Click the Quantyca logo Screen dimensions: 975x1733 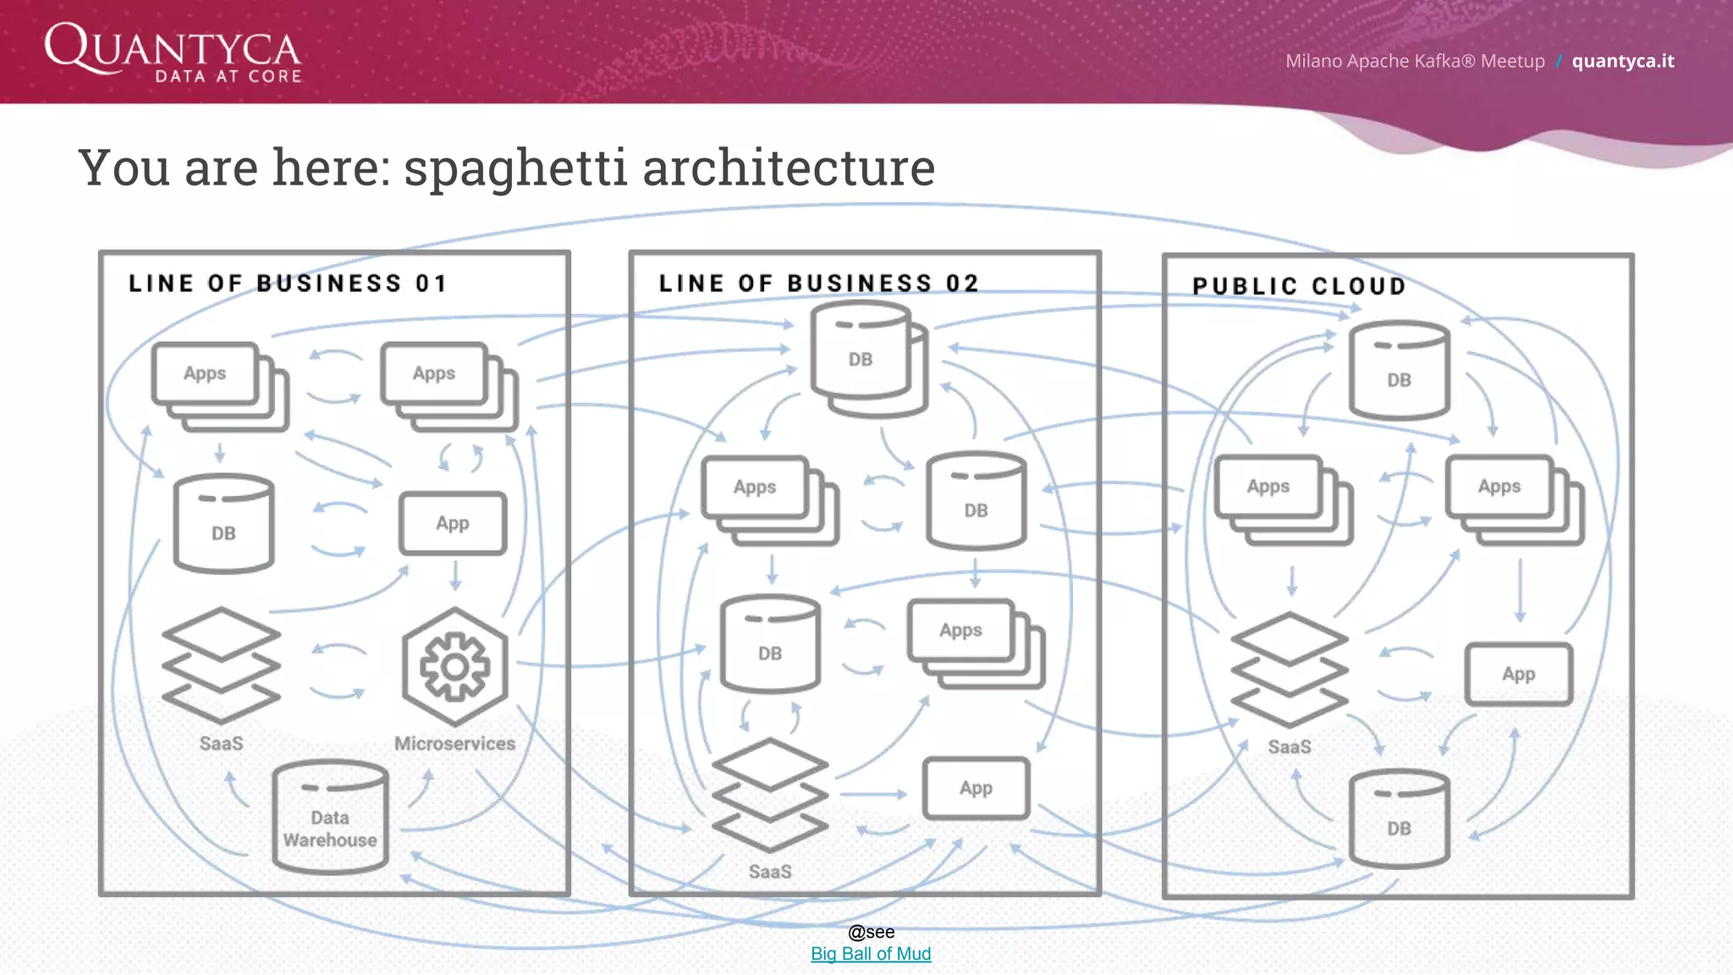click(173, 52)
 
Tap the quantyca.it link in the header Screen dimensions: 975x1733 click(1622, 61)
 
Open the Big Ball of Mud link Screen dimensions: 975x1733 click(870, 954)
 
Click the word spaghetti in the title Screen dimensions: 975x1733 click(515, 168)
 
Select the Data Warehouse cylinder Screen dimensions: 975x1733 click(330, 818)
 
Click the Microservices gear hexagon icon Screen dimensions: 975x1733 click(455, 667)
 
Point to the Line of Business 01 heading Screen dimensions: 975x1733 click(288, 284)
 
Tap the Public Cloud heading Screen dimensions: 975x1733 click(1299, 286)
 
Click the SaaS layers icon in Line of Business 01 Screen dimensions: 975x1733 click(221, 665)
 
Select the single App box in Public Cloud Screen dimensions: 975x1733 click(1518, 675)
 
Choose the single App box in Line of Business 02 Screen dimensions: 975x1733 click(976, 788)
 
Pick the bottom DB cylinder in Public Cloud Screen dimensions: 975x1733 click(1399, 818)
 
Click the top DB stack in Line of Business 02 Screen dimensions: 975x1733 click(868, 360)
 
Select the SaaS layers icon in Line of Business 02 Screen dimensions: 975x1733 click(769, 795)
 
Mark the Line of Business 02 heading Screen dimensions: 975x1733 click(818, 284)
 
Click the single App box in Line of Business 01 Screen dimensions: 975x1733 click(453, 523)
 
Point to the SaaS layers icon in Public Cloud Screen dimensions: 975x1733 click(1289, 669)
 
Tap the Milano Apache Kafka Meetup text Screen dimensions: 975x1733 click(1415, 61)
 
